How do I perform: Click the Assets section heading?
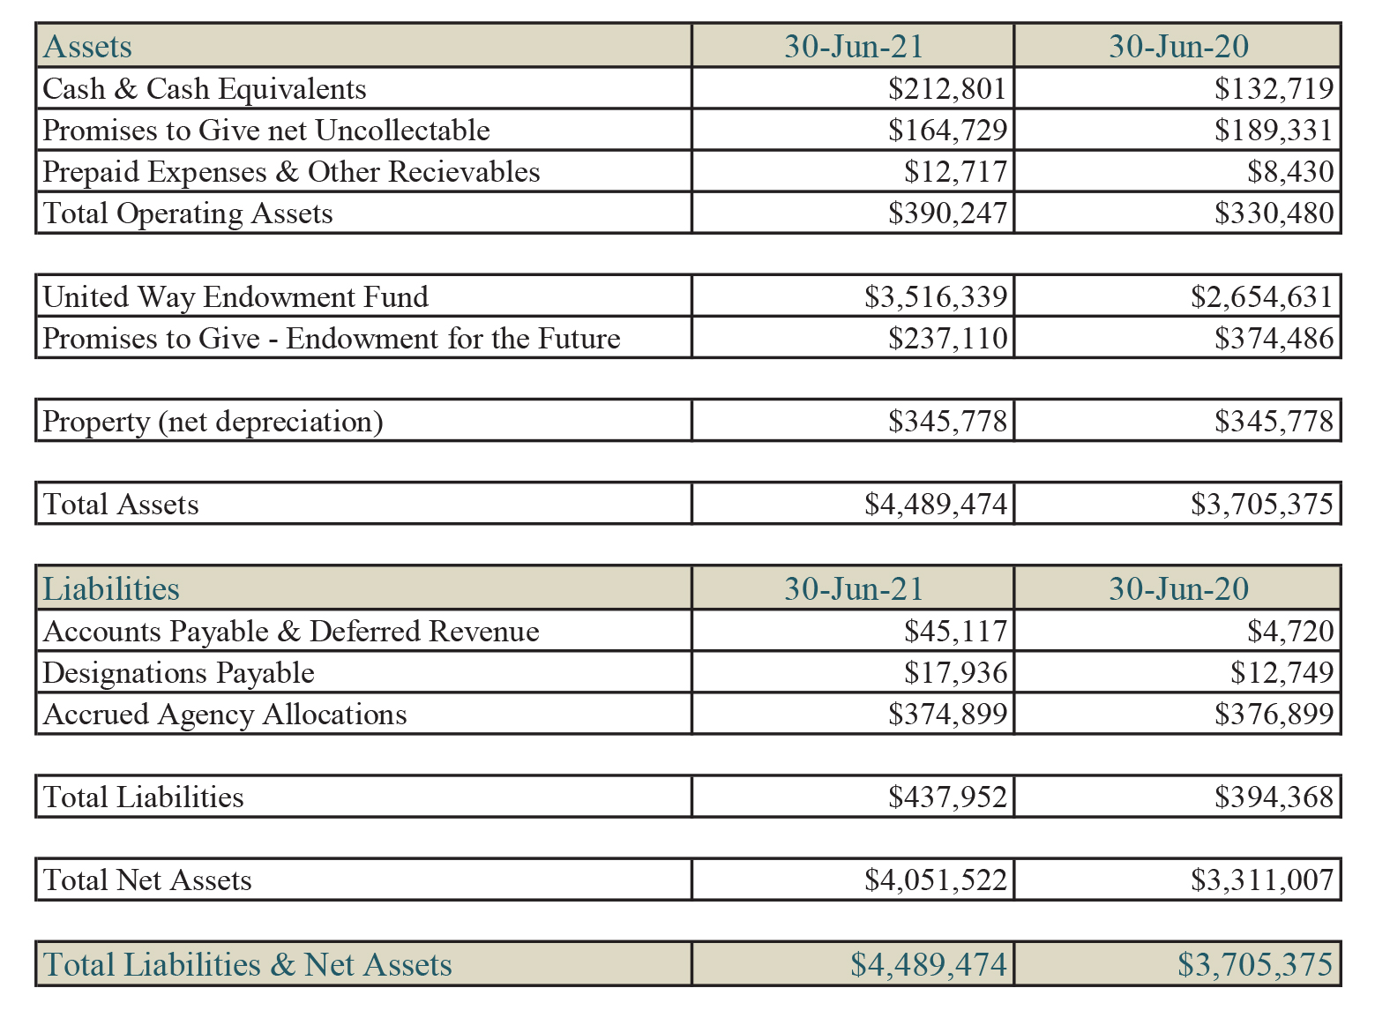tap(87, 47)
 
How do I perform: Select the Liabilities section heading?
tap(111, 588)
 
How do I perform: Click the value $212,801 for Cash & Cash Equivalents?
tap(947, 88)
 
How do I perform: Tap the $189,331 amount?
tap(1274, 130)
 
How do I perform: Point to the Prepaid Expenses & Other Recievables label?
tap(291, 172)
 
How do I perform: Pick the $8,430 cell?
tap(1289, 171)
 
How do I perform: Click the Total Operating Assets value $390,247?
tap(947, 213)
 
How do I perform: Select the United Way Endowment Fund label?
tap(235, 296)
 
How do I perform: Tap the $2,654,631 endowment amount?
tap(1261, 296)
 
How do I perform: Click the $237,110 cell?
tap(947, 338)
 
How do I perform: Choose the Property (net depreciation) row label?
tap(213, 421)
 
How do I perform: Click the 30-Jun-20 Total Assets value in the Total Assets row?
tap(1261, 504)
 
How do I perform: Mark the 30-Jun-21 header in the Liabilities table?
tap(854, 588)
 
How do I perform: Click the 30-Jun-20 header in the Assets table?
tap(1178, 47)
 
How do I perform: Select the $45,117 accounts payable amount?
tap(955, 631)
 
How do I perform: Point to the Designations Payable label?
tap(179, 672)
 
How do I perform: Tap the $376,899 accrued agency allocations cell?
tap(1274, 714)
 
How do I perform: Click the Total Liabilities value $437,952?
tap(947, 797)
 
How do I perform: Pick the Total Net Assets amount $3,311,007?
tap(1261, 880)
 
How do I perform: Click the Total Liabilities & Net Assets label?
tap(247, 964)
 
